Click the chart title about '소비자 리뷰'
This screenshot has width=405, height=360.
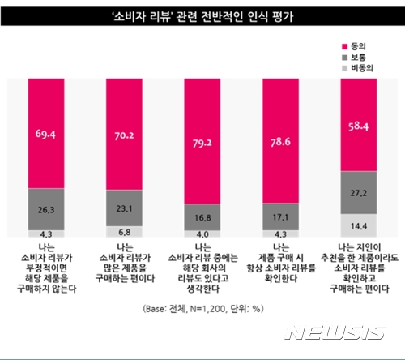click(x=202, y=15)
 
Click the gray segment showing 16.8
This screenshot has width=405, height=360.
click(x=202, y=217)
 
